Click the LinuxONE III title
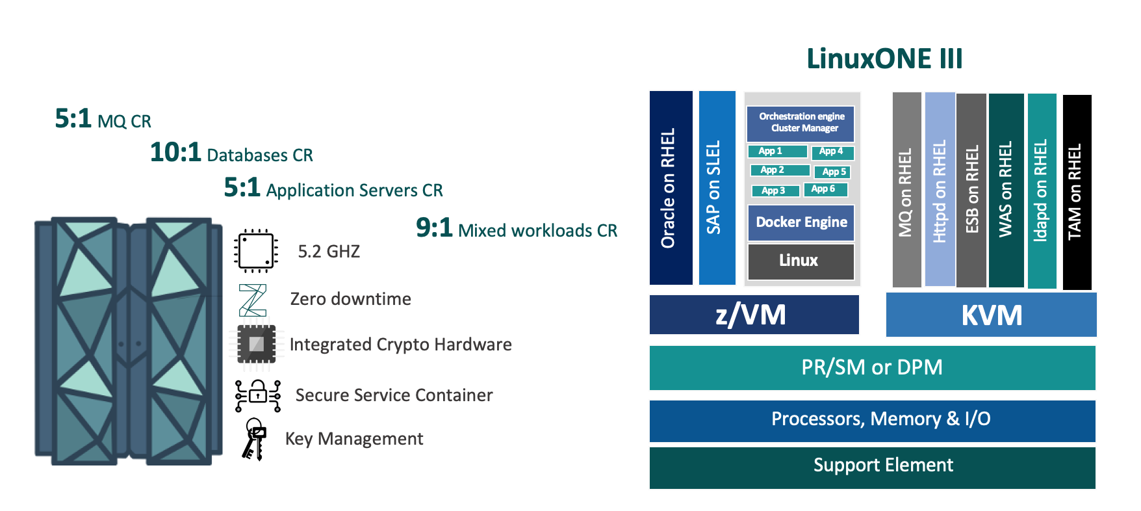pyautogui.click(x=884, y=59)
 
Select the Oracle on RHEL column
pyautogui.click(x=671, y=188)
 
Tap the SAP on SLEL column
pyautogui.click(x=717, y=188)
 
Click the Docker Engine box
pyautogui.click(x=801, y=222)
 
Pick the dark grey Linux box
pyautogui.click(x=801, y=261)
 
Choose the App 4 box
pyautogui.click(x=832, y=151)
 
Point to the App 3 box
pyautogui.click(x=775, y=190)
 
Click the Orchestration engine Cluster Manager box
pyautogui.click(x=801, y=123)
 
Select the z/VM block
pyautogui.click(x=754, y=315)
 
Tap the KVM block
pyautogui.click(x=991, y=315)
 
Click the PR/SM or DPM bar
pyautogui.click(x=872, y=367)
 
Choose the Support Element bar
pyautogui.click(x=872, y=466)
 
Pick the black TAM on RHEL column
pyautogui.click(x=1077, y=192)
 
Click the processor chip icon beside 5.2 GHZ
pyautogui.click(x=256, y=250)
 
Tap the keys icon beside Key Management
pyautogui.click(x=254, y=439)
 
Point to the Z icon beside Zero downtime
pyautogui.click(x=253, y=300)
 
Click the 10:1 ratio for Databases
pyautogui.click(x=175, y=153)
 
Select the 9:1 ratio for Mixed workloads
pyautogui.click(x=434, y=228)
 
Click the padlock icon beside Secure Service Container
pyautogui.click(x=258, y=395)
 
